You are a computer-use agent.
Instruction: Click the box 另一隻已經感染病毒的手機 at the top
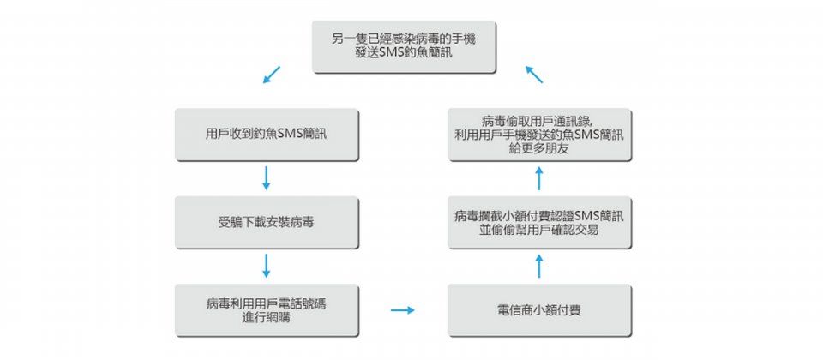[404, 46]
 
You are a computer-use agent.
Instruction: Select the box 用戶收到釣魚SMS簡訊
[267, 135]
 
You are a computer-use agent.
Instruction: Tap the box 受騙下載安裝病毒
[267, 223]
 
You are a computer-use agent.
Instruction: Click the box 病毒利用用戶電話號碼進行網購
[267, 310]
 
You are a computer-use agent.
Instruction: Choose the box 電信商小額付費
[539, 310]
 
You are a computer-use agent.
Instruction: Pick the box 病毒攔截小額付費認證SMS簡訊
[539, 223]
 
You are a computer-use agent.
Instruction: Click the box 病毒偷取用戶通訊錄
[539, 135]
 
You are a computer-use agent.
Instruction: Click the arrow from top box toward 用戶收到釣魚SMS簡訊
[272, 75]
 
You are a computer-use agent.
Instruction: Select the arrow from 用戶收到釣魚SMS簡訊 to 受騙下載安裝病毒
[266, 178]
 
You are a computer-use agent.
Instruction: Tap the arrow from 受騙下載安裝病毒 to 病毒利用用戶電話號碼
[266, 266]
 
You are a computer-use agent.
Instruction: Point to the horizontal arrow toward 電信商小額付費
[403, 310]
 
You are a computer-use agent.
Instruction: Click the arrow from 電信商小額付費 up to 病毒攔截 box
[539, 266]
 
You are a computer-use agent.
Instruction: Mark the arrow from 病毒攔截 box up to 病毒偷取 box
[539, 178]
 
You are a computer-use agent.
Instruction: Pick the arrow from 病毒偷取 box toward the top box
[534, 75]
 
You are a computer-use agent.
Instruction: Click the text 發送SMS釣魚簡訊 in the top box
[404, 52]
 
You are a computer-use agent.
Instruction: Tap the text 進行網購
[267, 316]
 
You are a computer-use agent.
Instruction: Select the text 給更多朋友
[539, 148]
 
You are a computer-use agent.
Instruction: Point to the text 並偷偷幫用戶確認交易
[539, 230]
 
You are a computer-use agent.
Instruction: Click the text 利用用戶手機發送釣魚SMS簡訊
[539, 135]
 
